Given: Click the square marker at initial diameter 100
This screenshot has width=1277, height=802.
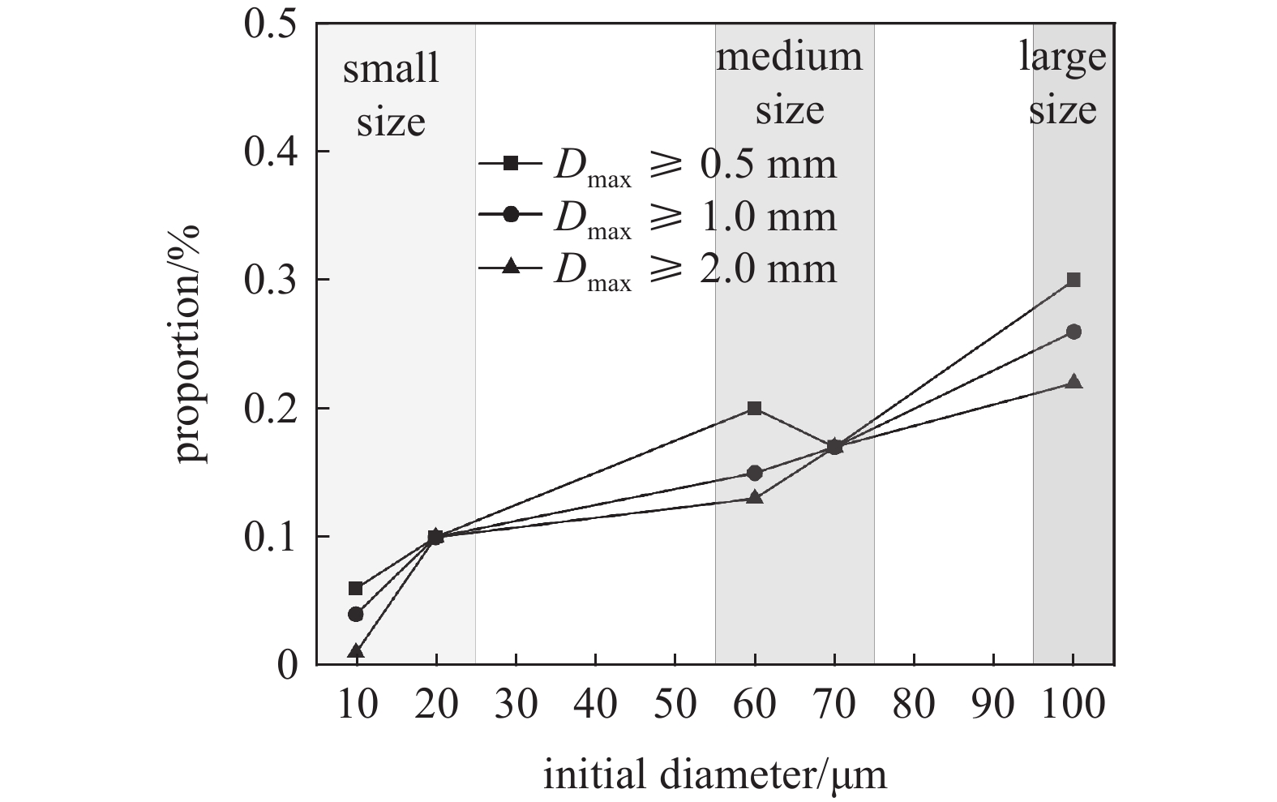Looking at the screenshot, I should pos(1073,280).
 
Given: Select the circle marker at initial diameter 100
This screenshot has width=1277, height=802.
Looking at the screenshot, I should pos(1073,332).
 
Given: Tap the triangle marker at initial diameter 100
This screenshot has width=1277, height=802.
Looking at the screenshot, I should pos(1073,382).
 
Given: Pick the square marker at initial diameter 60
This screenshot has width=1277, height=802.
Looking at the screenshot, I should pos(755,408).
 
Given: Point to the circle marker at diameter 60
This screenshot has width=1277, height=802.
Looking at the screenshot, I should pos(755,473).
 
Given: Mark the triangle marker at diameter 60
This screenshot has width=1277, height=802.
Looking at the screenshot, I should pos(755,497).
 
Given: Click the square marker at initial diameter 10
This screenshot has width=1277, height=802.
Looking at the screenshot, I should pos(356,588).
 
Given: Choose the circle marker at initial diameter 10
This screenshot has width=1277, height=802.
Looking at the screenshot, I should pos(356,614).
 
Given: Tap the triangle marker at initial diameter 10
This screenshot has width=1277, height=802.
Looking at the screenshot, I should pos(356,651).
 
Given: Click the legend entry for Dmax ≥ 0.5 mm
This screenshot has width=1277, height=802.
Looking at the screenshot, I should pos(657,165).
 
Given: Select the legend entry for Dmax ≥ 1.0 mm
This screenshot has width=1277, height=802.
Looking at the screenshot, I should pos(657,217).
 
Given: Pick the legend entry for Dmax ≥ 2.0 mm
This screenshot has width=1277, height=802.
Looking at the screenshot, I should pos(657,268).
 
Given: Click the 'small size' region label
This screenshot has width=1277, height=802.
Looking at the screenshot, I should pos(391,96).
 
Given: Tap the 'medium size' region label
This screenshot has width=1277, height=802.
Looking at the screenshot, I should pos(789,84).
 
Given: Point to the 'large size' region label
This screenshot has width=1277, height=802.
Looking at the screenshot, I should pos(1063,84).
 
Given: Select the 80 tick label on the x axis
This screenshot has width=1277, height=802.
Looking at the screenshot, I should pos(914,704).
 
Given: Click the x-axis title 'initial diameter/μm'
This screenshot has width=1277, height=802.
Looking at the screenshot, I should pos(714,774).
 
